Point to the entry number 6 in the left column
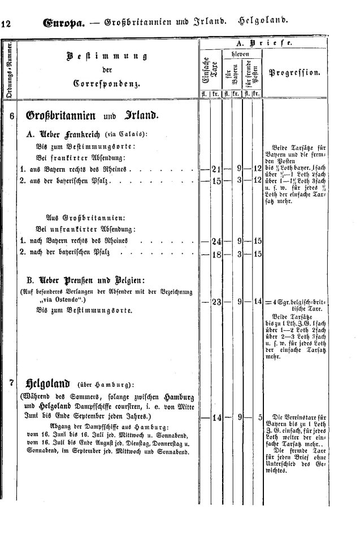11,116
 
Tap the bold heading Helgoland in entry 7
45,382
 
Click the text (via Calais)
132,134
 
